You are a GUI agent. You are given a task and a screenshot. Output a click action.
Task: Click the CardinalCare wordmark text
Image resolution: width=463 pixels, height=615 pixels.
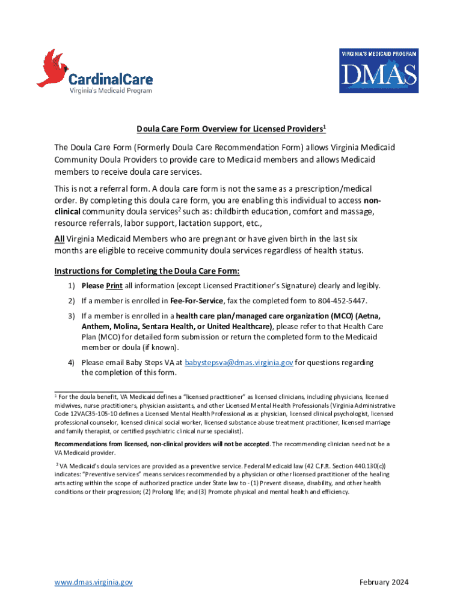[110, 79]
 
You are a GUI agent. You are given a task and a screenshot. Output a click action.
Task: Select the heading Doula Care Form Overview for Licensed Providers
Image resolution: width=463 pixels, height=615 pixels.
[231, 129]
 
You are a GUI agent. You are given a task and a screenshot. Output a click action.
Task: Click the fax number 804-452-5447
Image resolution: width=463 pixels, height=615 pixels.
[345, 300]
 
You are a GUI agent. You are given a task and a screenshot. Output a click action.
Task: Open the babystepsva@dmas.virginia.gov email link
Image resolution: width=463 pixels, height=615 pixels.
[239, 362]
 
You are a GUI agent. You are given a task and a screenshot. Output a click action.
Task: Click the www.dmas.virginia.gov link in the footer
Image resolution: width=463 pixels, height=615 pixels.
[93, 582]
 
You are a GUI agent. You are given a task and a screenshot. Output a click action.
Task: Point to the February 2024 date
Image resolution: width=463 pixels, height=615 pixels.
[384, 582]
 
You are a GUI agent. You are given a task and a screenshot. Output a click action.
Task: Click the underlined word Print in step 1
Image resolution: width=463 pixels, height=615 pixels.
[114, 285]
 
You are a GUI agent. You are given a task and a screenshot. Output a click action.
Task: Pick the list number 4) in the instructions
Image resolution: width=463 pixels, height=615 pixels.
[71, 362]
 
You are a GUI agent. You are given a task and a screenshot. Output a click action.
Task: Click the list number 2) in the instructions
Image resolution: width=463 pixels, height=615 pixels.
[71, 300]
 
